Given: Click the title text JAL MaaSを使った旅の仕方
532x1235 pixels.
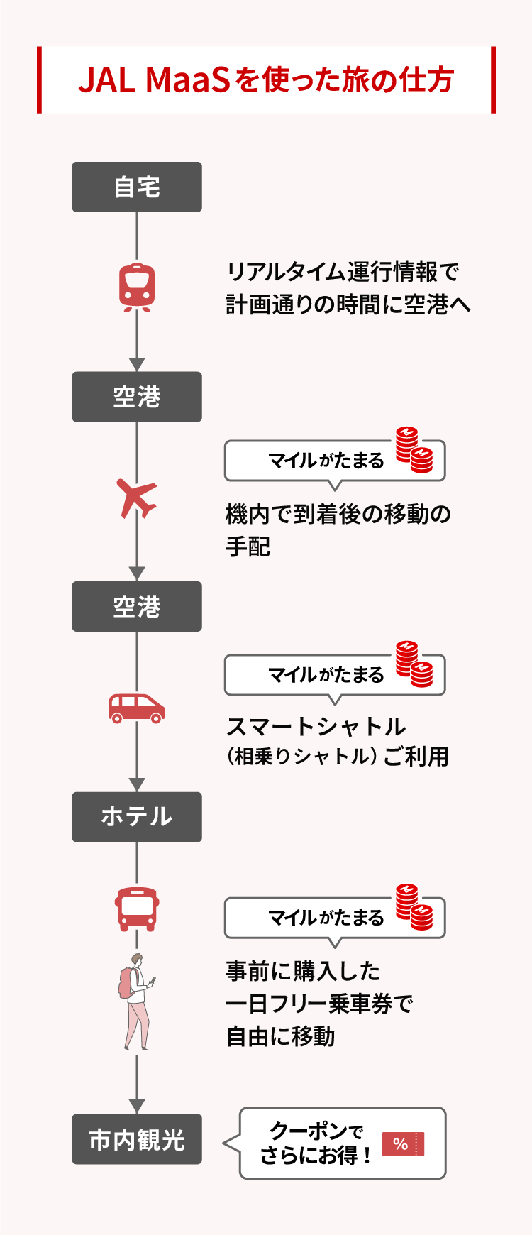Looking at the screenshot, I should click(x=266, y=80).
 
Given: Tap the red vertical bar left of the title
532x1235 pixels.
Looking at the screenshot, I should click(x=40, y=80).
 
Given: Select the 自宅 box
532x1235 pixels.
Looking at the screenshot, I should click(x=137, y=187).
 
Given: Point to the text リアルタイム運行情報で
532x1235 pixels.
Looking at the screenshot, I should click(x=343, y=272).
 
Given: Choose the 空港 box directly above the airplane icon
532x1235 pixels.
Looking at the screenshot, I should click(x=137, y=397).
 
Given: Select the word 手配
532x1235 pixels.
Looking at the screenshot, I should click(x=248, y=547).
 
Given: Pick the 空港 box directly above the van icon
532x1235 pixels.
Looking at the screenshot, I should click(x=137, y=607).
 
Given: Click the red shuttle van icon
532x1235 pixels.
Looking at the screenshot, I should click(x=137, y=708).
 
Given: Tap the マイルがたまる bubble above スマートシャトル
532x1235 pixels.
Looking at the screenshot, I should click(x=326, y=675).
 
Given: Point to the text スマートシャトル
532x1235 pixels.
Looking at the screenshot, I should click(x=316, y=727).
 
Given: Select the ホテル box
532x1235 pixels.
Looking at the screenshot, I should click(x=137, y=817).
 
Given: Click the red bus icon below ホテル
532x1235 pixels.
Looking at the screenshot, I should click(x=137, y=909).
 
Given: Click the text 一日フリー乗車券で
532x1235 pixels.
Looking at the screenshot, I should click(x=319, y=1004).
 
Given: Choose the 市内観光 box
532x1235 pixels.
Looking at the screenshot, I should click(x=137, y=1139).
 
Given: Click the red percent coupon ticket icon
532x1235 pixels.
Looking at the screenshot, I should click(x=403, y=1143).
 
